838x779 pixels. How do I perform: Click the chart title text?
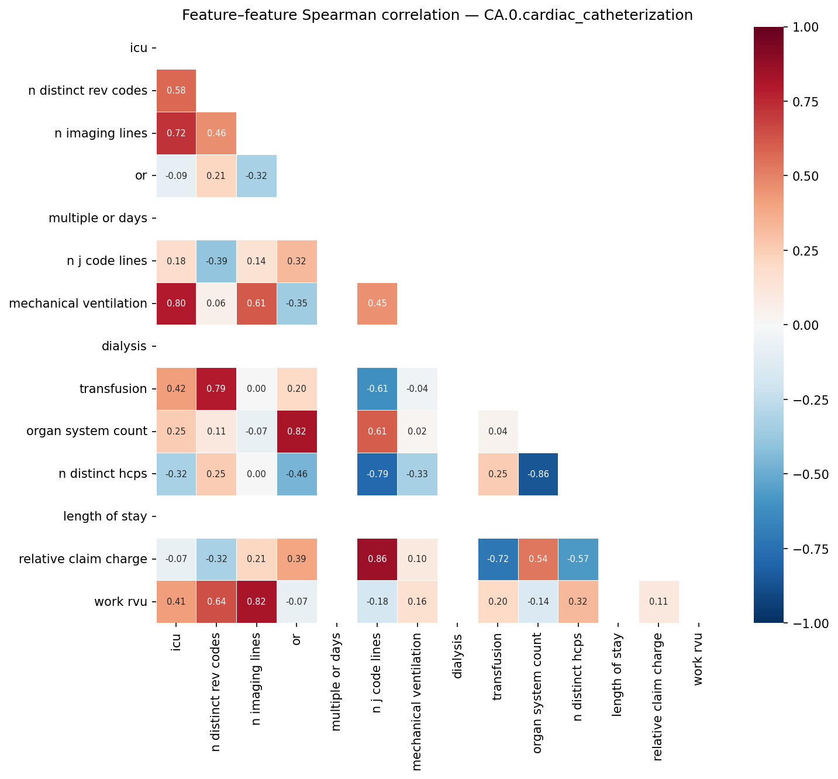(x=437, y=15)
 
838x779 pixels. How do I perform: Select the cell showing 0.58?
(x=176, y=91)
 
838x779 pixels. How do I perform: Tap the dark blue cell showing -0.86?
(x=538, y=474)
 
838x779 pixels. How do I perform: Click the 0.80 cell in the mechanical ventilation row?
(x=176, y=304)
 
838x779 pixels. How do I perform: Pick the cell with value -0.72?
(x=498, y=559)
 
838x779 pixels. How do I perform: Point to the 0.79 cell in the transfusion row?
(x=216, y=389)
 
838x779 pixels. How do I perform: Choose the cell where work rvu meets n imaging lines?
(x=256, y=602)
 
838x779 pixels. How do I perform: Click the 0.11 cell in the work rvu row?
(x=658, y=602)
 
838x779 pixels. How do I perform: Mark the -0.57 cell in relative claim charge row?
(x=578, y=559)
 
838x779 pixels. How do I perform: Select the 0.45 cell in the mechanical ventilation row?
(x=377, y=304)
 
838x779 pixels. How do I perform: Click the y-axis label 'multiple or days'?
(x=98, y=218)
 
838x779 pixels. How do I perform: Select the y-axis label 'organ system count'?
(x=87, y=431)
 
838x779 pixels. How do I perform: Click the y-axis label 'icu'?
(x=139, y=48)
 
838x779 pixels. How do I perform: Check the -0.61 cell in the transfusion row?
(x=377, y=389)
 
